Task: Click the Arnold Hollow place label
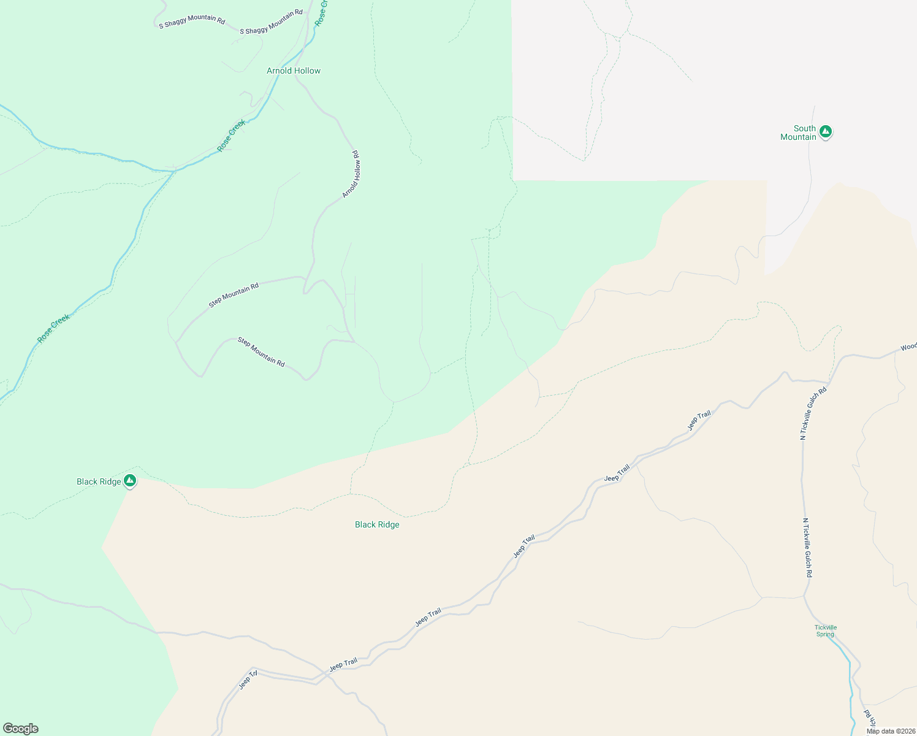[x=294, y=71]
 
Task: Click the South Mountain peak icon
[x=826, y=131]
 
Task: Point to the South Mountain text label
[x=799, y=132]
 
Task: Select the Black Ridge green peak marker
[x=129, y=480]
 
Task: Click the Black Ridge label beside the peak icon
[x=99, y=481]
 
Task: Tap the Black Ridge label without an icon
[x=377, y=524]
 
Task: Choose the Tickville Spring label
[x=826, y=631]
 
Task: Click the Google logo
[x=21, y=729]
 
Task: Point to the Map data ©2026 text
[x=891, y=731]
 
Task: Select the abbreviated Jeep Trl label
[x=248, y=680]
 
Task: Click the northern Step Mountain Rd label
[x=234, y=295]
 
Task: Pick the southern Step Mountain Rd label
[x=261, y=352]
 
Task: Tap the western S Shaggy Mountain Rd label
[x=192, y=21]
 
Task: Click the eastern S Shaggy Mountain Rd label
[x=271, y=21]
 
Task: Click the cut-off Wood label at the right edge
[x=908, y=347]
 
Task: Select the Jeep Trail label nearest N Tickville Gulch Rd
[x=699, y=421]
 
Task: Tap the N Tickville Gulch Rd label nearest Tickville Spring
[x=807, y=548]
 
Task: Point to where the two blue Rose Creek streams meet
[x=175, y=171]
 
